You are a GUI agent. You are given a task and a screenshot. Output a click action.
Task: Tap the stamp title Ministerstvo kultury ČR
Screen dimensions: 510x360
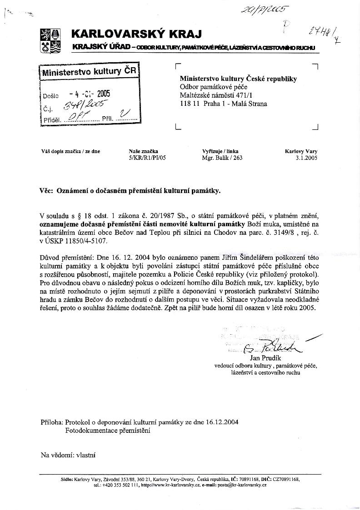tap(89, 72)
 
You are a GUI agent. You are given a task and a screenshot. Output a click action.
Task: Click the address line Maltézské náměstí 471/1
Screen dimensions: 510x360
tap(215, 95)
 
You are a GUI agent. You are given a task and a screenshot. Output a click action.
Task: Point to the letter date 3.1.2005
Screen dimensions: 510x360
tap(305, 158)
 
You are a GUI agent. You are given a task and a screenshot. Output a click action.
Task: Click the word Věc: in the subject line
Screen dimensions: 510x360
tap(46, 191)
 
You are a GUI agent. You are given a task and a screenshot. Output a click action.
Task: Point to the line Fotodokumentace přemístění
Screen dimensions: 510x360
tap(108, 430)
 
